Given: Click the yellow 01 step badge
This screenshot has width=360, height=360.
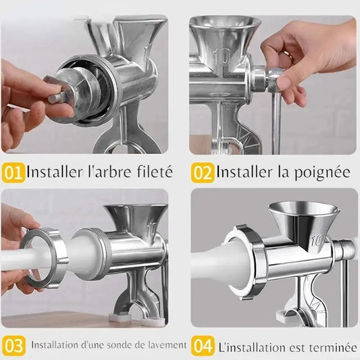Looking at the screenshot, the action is [x=13, y=172].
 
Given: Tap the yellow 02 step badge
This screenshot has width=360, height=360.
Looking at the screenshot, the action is [x=203, y=172].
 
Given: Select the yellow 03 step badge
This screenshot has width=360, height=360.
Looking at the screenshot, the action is [x=14, y=346].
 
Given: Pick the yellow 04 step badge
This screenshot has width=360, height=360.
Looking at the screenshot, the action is [x=203, y=346].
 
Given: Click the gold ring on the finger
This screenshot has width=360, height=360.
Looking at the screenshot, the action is [x=288, y=55].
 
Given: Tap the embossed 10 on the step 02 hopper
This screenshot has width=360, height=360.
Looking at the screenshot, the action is [x=222, y=56].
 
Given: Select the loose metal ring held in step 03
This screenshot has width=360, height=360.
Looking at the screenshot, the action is [x=45, y=257].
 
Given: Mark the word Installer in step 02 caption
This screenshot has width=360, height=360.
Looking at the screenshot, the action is [x=240, y=172].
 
